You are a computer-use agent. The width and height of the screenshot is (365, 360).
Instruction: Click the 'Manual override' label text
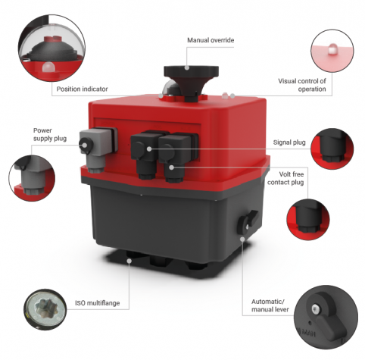click(211, 40)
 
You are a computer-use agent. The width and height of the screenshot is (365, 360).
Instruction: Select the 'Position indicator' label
click(82, 89)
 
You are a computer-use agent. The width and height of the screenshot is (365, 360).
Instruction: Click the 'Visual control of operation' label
click(302, 85)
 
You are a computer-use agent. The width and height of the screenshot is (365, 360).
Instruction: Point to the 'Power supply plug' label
click(50, 134)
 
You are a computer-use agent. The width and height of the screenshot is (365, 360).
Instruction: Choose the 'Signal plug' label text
click(289, 142)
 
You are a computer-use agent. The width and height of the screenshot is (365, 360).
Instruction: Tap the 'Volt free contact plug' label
click(285, 178)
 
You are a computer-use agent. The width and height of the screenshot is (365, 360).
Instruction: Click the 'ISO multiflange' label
click(97, 303)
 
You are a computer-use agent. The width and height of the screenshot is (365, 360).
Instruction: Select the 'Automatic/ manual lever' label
click(270, 305)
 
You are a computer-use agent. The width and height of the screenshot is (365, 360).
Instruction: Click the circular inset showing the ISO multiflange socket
click(45, 309)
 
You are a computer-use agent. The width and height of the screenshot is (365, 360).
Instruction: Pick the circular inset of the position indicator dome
click(51, 48)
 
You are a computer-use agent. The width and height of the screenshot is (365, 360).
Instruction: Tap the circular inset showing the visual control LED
click(332, 51)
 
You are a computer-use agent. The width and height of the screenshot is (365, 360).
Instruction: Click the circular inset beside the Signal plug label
click(332, 149)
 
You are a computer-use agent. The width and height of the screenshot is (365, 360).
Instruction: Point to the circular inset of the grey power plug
click(32, 178)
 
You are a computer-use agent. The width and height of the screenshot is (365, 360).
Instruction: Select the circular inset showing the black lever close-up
click(326, 318)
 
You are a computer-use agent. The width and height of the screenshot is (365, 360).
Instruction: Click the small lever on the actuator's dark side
click(248, 221)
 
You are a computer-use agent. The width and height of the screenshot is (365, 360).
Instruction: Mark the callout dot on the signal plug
click(149, 149)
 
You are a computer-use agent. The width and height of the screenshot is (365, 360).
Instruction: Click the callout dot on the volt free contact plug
click(172, 167)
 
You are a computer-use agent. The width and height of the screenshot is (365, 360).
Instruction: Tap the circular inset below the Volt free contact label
click(308, 219)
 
